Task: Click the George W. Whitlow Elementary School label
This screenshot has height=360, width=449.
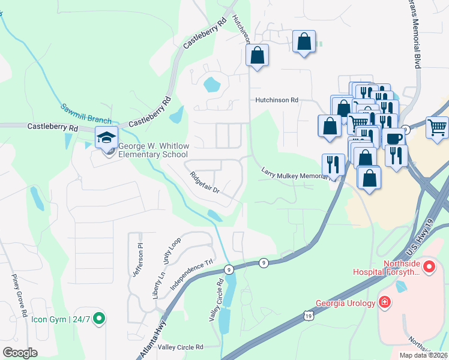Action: [153, 150]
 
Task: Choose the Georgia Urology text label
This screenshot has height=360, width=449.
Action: [345, 303]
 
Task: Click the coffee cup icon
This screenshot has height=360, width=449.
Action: [394, 138]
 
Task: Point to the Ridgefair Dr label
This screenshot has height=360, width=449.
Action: [205, 182]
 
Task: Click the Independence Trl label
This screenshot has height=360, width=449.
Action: [191, 274]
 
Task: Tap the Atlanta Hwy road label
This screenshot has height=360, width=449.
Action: [155, 340]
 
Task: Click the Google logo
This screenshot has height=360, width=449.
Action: [20, 353]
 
